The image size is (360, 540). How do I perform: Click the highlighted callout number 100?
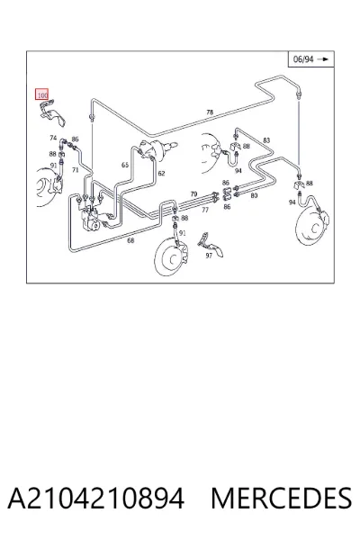click(42, 94)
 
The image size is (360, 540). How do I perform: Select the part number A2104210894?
click(95, 498)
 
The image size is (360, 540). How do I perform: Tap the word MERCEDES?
click(281, 498)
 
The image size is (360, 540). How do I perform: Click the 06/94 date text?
click(303, 59)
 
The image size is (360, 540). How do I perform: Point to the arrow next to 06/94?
click(323, 59)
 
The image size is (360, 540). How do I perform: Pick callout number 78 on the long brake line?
click(210, 112)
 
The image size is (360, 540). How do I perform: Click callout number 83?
click(266, 140)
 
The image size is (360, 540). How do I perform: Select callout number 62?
click(161, 173)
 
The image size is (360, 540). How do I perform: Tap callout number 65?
click(125, 166)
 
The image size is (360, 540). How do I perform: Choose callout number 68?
click(130, 240)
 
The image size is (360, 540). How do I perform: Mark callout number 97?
click(209, 256)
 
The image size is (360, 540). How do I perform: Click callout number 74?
click(53, 138)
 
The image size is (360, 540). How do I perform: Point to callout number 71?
click(76, 170)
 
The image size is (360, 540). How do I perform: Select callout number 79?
click(193, 194)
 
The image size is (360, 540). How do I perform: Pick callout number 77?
click(205, 210)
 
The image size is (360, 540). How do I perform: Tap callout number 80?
click(254, 195)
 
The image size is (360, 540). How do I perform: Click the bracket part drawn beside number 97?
click(211, 245)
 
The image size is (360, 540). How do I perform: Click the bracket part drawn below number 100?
click(51, 112)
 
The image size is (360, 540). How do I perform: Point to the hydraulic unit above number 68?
click(90, 219)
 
